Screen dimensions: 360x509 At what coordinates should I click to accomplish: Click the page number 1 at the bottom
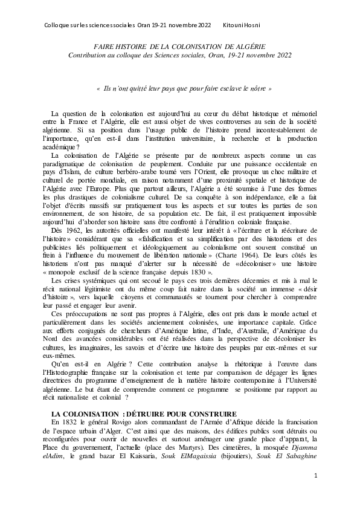(315, 476)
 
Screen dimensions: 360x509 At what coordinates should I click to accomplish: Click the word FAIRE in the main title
(105, 46)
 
